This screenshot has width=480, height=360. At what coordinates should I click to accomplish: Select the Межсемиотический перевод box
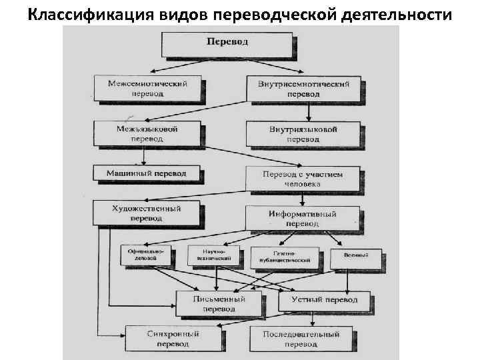[x=148, y=89]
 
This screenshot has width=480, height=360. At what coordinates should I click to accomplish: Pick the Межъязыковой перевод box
[x=147, y=133]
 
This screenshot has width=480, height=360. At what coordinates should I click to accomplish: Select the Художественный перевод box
[x=147, y=213]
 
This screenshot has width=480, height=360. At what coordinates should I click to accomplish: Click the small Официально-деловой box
[x=146, y=257]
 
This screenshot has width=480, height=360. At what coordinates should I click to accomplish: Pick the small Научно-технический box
[x=214, y=257]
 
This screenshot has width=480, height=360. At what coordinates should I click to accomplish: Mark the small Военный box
[x=355, y=258]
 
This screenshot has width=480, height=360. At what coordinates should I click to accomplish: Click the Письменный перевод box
[x=219, y=304]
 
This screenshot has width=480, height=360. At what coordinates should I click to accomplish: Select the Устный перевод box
[x=324, y=301]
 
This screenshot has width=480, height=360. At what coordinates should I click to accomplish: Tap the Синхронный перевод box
[x=173, y=339]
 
